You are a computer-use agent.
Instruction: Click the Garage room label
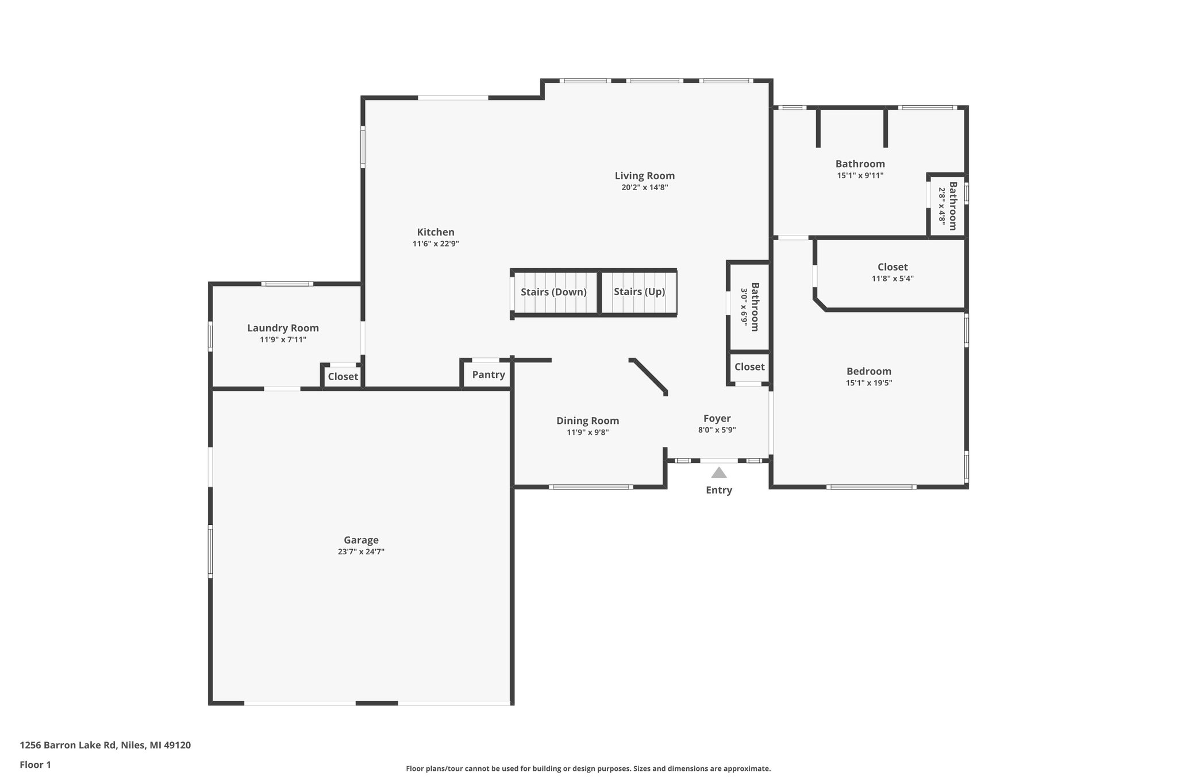tap(361, 540)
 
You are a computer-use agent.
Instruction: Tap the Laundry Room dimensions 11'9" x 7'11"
tap(283, 339)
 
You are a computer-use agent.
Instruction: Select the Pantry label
tap(489, 374)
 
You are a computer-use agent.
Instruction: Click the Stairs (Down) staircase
tap(553, 292)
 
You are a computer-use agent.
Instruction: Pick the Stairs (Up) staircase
tap(639, 292)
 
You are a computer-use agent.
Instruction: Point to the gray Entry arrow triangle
tap(719, 473)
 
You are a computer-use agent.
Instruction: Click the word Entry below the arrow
tap(719, 490)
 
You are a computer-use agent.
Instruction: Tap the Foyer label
tap(717, 418)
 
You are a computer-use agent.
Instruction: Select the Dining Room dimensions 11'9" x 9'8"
tap(587, 432)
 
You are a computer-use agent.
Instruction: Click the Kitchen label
tap(436, 232)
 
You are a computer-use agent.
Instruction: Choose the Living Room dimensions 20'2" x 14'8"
tap(644, 187)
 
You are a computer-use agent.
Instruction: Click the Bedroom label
tap(868, 371)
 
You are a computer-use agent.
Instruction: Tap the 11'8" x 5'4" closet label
tap(893, 279)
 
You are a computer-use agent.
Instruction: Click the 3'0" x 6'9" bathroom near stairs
tap(749, 307)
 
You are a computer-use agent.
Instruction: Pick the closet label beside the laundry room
tap(343, 377)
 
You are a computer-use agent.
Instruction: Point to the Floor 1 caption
tap(35, 764)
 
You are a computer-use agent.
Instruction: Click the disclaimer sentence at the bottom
tap(588, 768)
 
